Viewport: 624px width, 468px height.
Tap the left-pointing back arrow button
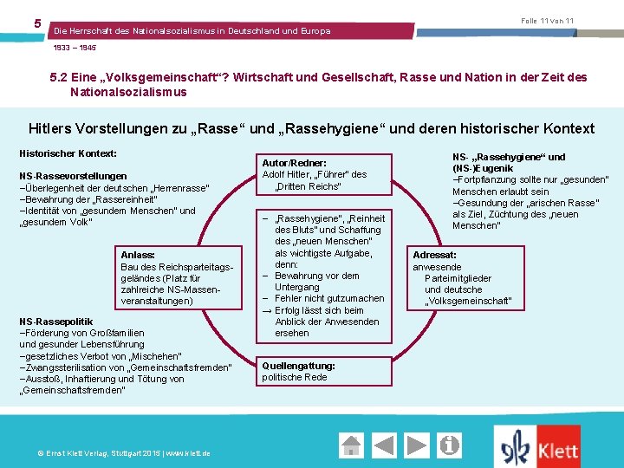[x=400, y=445]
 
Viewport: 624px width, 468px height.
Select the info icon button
[x=449, y=445]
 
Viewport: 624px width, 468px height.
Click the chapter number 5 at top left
[x=37, y=23]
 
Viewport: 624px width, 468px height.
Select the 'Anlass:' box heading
[x=138, y=255]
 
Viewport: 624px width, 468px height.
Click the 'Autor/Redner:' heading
[x=294, y=163]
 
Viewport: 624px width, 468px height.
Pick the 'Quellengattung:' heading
[x=298, y=366]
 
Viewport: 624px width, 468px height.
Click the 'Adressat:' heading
[x=434, y=256]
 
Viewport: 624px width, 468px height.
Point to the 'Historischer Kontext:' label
[x=68, y=153]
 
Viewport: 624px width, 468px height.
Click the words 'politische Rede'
[x=295, y=377]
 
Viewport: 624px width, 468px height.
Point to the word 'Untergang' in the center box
[x=298, y=287]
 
